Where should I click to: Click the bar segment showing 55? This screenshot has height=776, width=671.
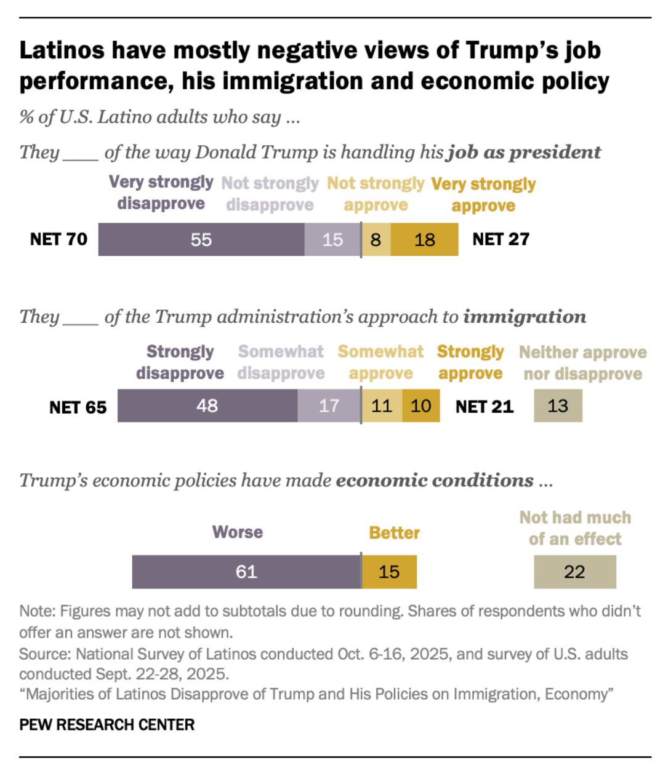point(201,239)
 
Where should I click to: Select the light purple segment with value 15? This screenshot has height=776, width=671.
point(332,239)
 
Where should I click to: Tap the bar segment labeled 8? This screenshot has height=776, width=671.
point(376,239)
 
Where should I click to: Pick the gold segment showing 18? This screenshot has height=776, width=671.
point(425,239)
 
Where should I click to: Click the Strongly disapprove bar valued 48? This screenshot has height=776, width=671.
point(207,406)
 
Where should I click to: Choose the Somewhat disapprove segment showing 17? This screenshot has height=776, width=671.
point(329,406)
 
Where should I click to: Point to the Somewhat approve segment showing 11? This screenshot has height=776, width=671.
point(382,406)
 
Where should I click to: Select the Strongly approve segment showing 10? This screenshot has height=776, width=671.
point(421,406)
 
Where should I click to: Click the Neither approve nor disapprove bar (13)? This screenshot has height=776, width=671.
point(558,406)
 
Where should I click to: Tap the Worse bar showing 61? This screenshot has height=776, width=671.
point(246,572)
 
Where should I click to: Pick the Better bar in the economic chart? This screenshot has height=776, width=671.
point(389,572)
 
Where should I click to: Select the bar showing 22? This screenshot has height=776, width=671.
point(574,572)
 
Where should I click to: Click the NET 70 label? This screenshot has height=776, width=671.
point(59,239)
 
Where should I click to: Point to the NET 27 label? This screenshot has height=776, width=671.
point(500,239)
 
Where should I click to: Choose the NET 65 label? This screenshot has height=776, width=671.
point(78,407)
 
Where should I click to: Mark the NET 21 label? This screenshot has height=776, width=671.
point(484,406)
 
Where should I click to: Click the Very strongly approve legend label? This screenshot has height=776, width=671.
point(483,194)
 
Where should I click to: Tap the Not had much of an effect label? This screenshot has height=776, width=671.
point(575,528)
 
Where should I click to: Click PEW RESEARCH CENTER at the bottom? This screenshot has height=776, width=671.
point(107,725)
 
